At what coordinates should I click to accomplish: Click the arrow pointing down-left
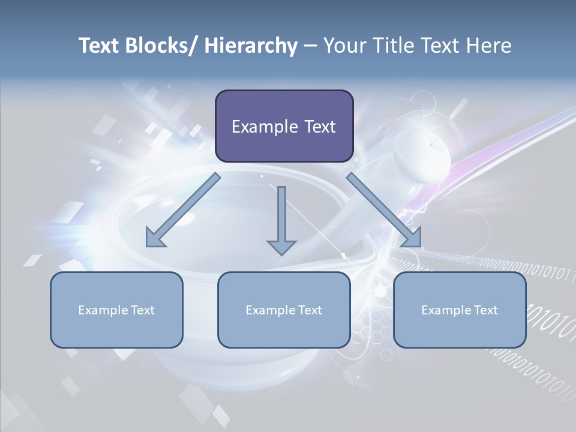pos(180,211)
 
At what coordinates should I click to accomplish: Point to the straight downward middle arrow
pos(281,216)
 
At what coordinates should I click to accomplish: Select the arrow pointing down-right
pos(384,211)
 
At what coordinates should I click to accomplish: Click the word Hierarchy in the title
pos(251,46)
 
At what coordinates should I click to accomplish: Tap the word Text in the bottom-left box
pos(142,310)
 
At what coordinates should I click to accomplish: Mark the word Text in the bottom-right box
pos(485,310)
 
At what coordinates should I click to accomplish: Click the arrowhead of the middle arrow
pos(281,246)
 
